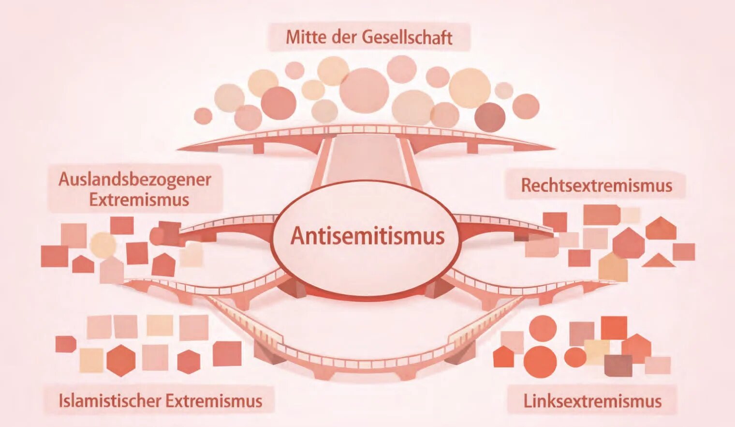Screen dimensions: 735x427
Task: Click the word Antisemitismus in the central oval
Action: pyautogui.click(x=367, y=236)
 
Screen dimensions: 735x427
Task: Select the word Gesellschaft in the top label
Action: pyautogui.click(x=407, y=37)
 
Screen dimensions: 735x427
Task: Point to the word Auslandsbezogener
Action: pyautogui.click(x=134, y=180)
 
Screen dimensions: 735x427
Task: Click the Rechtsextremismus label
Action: pyautogui.click(x=597, y=185)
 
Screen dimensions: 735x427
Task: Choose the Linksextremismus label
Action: pyautogui.click(x=592, y=401)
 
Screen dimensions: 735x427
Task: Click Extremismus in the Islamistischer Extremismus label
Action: pyautogui.click(x=214, y=401)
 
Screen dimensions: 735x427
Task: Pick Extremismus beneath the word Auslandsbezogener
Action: pyautogui.click(x=139, y=200)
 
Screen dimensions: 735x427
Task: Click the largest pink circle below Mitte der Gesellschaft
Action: pyautogui.click(x=364, y=90)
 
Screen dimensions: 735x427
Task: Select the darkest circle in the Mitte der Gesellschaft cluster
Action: pyautogui.click(x=490, y=118)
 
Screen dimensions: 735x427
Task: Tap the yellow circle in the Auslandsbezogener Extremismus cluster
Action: pyautogui.click(x=103, y=244)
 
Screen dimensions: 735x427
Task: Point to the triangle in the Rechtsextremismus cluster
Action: pyautogui.click(x=659, y=260)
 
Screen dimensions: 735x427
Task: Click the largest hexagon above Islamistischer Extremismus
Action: pyautogui.click(x=121, y=360)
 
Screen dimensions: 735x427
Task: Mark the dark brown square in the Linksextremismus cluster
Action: pyautogui.click(x=618, y=366)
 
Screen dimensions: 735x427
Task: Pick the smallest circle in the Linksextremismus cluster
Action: pyautogui.click(x=575, y=357)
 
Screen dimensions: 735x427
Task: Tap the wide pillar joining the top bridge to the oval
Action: pyautogui.click(x=367, y=161)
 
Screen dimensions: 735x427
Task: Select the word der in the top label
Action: pyautogui.click(x=344, y=37)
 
